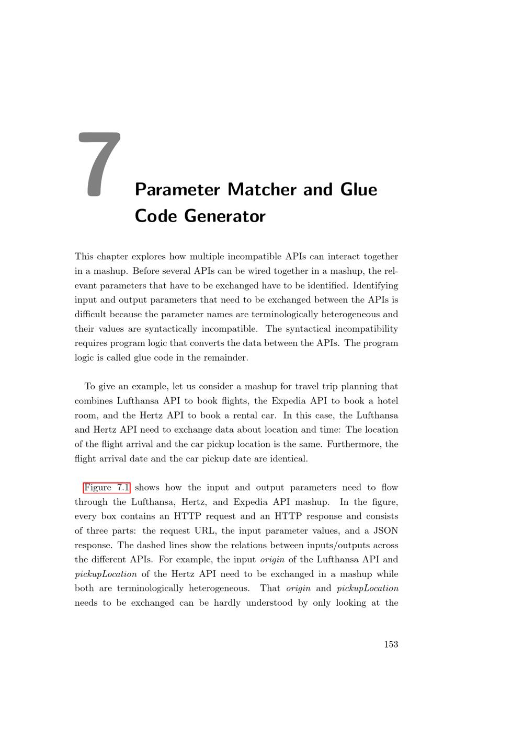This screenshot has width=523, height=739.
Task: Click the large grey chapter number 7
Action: (x=100, y=164)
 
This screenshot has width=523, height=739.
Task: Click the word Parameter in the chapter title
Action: (x=177, y=190)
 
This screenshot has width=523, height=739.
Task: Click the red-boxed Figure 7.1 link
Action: (x=107, y=488)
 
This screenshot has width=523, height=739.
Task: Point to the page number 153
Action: (x=391, y=644)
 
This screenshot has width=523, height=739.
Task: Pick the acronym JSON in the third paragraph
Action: (x=385, y=531)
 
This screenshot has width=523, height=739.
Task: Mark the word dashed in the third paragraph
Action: (x=151, y=545)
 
